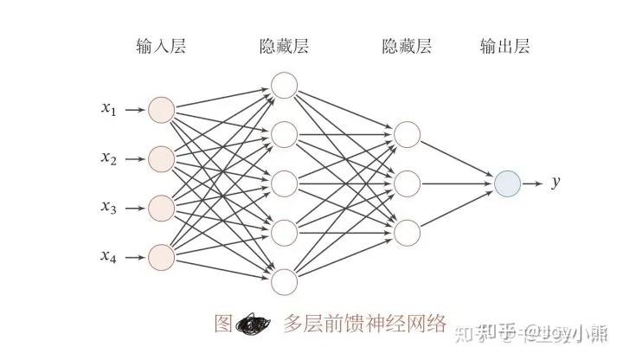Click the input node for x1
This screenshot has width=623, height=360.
click(162, 110)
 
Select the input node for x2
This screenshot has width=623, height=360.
click(162, 158)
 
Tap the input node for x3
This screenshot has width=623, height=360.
click(162, 208)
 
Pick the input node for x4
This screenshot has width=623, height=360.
click(162, 256)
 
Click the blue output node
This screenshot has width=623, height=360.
click(507, 183)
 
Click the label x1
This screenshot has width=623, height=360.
click(108, 109)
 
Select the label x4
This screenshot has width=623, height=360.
click(108, 255)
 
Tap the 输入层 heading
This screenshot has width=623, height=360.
click(161, 46)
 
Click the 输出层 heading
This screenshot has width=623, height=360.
click(505, 46)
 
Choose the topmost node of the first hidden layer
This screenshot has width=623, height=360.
click(284, 85)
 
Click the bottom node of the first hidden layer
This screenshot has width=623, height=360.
click(284, 281)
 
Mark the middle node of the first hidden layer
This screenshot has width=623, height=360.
click(284, 183)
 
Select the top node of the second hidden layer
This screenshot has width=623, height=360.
click(407, 134)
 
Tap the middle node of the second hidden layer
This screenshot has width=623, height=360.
click(407, 183)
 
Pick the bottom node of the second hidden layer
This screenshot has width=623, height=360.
click(407, 232)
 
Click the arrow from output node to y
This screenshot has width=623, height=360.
click(532, 183)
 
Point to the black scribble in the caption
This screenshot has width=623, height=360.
click(253, 325)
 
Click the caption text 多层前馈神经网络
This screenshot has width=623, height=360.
click(364, 325)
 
